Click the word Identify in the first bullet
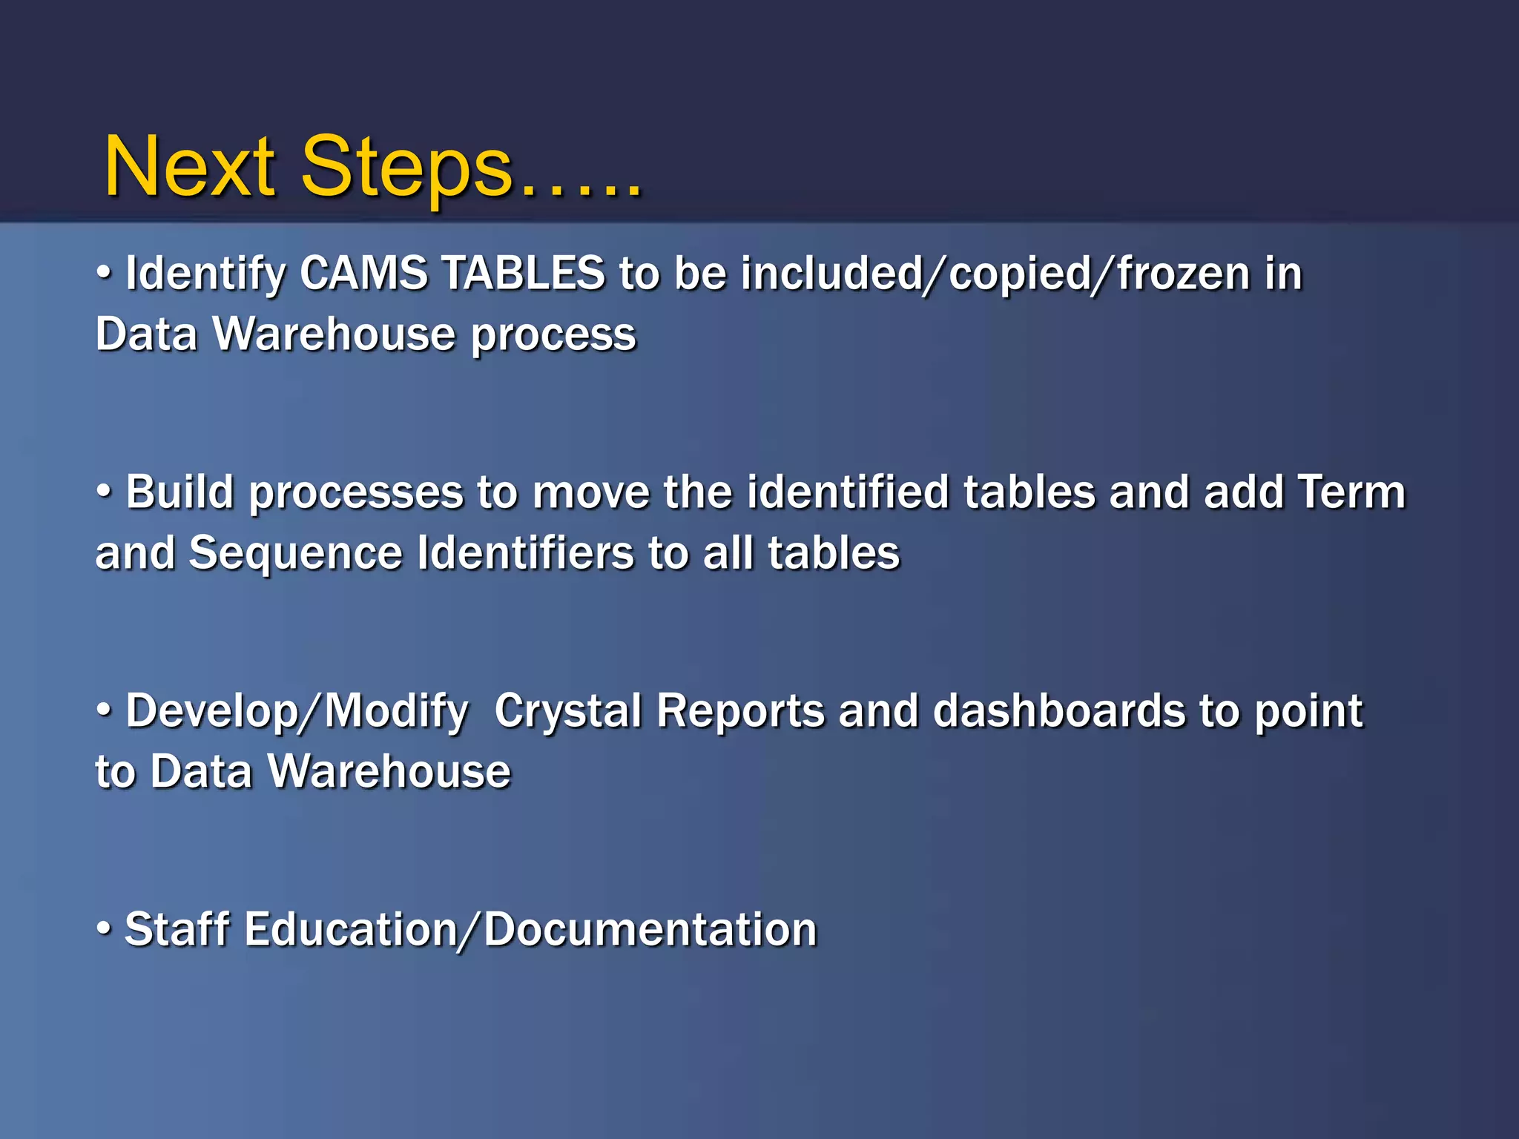click(x=206, y=274)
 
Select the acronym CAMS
click(x=363, y=273)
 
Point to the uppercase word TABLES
click(x=524, y=273)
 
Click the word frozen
click(x=1184, y=274)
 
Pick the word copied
click(x=1021, y=274)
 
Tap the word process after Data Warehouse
click(x=554, y=335)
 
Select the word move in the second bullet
click(x=591, y=492)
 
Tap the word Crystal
click(x=567, y=711)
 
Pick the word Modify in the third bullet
click(x=397, y=712)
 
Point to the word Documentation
click(x=650, y=929)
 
